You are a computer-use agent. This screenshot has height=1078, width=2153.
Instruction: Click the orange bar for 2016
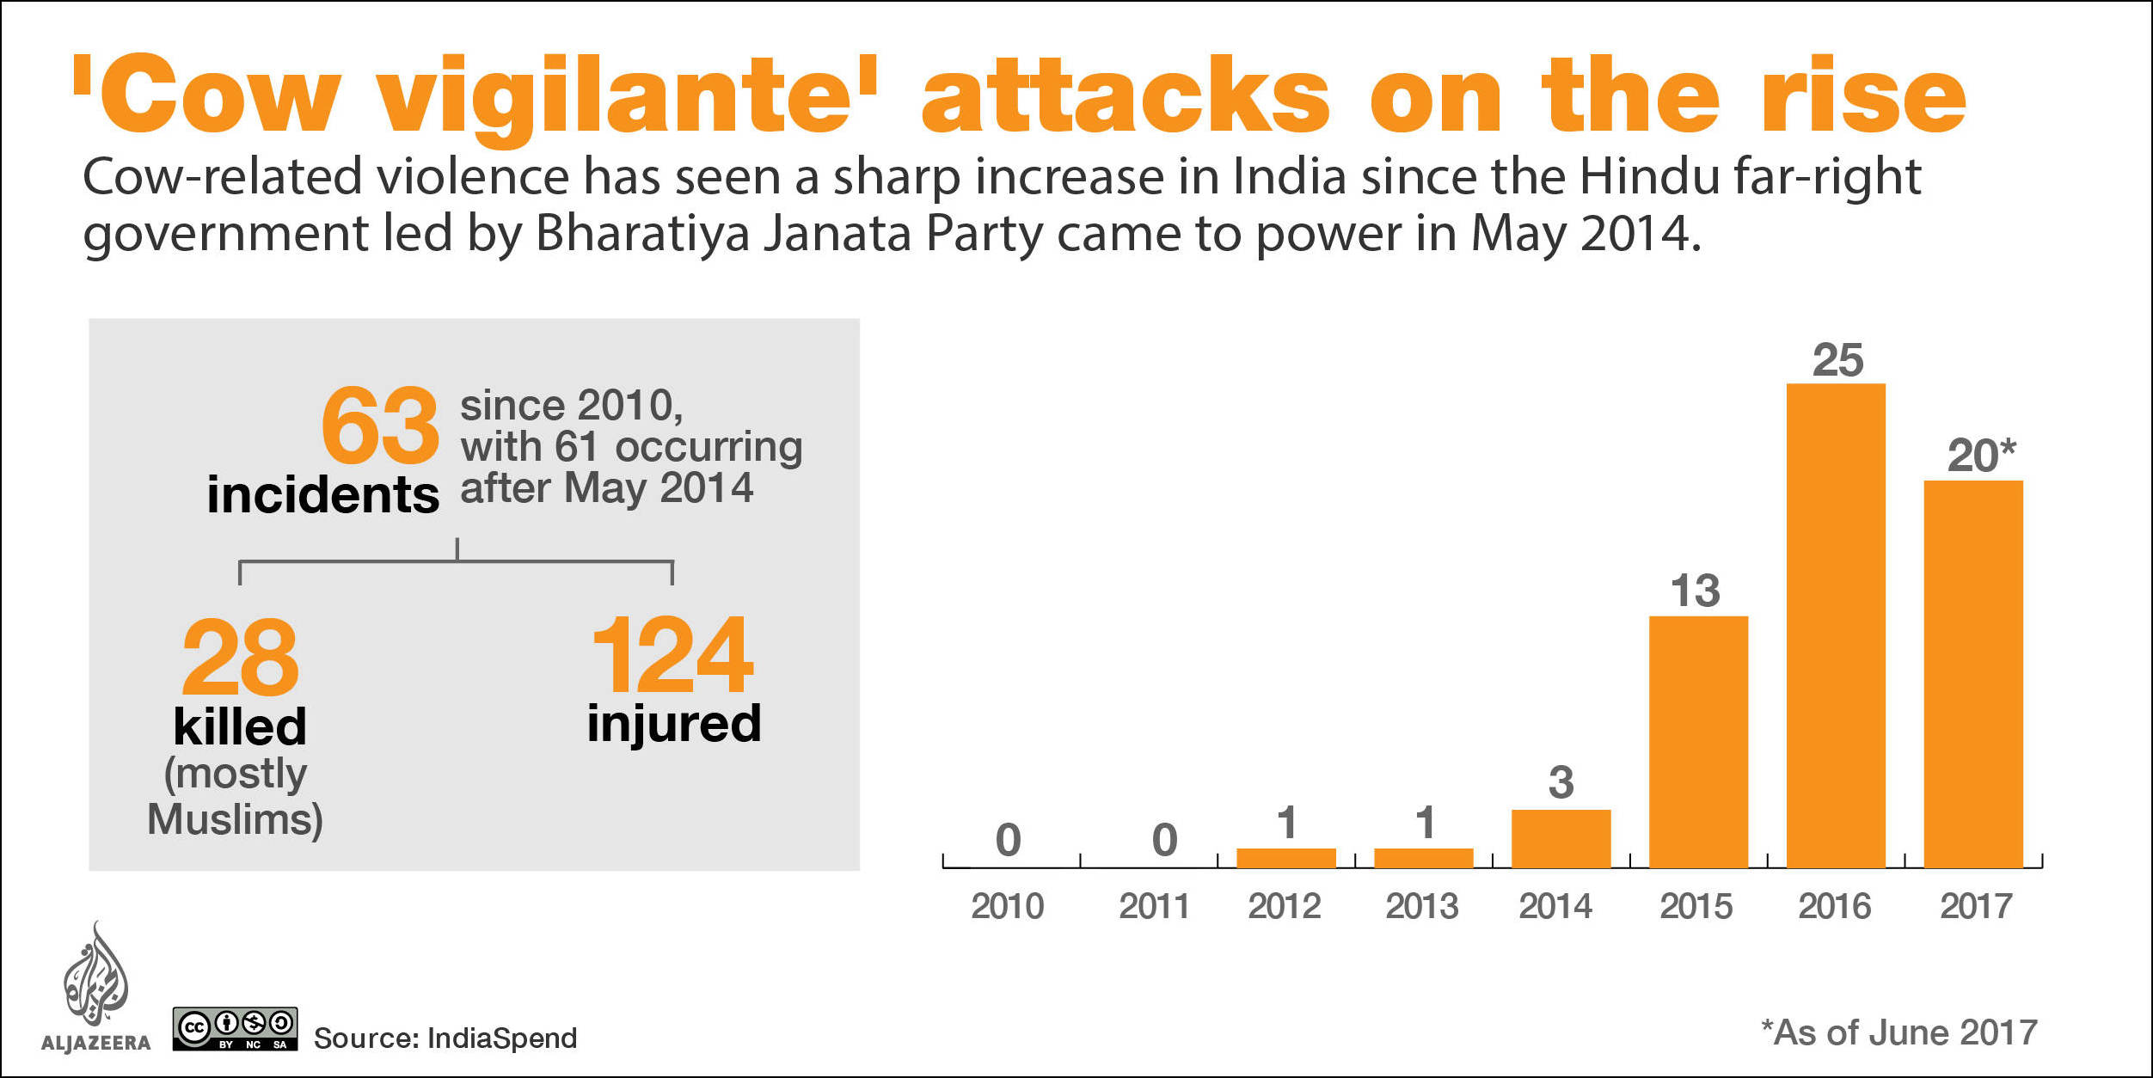pos(1836,625)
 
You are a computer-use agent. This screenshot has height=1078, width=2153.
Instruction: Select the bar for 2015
pos(1698,742)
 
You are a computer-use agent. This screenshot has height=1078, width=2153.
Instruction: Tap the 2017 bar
pos(1973,674)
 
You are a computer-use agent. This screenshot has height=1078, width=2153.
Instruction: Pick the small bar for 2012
pos(1286,858)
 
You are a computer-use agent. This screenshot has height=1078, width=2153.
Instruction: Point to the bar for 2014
pos(1561,838)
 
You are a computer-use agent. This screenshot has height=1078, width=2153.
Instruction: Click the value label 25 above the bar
pos(1838,360)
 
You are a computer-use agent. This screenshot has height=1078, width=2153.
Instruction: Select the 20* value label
pos(1981,455)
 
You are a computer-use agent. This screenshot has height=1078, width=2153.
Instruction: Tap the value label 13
pos(1696,591)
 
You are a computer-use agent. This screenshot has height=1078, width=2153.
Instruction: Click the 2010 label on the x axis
pos(1008,906)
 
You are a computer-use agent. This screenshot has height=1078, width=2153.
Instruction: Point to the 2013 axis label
pos(1422,906)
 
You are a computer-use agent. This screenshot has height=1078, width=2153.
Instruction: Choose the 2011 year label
pos(1154,906)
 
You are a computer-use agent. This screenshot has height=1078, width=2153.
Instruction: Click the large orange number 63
pos(380,425)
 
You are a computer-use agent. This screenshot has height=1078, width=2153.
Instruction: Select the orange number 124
pos(672,655)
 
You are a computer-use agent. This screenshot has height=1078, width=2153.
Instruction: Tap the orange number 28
pos(241,658)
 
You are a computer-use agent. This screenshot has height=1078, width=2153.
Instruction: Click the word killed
pos(240,726)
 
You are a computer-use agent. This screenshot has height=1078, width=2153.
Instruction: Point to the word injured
pos(674,725)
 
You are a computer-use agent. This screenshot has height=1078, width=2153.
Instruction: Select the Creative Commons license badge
pos(236,1029)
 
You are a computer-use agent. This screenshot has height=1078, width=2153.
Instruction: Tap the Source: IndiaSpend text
pos(445,1038)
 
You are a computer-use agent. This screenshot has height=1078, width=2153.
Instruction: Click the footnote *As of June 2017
pos(1899,1032)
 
